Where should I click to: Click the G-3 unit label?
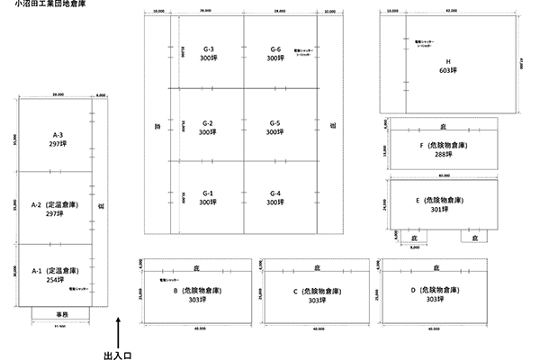pyautogui.click(x=208, y=48)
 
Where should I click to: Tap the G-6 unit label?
pyautogui.click(x=275, y=48)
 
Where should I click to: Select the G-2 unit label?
pyautogui.click(x=208, y=122)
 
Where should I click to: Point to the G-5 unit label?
pyautogui.click(x=275, y=122)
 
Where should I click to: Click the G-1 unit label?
pyautogui.click(x=208, y=193)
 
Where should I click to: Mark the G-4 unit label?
pyautogui.click(x=275, y=193)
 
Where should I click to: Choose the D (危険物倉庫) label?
pyautogui.click(x=436, y=290)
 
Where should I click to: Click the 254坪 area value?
pyautogui.click(x=55, y=279)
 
